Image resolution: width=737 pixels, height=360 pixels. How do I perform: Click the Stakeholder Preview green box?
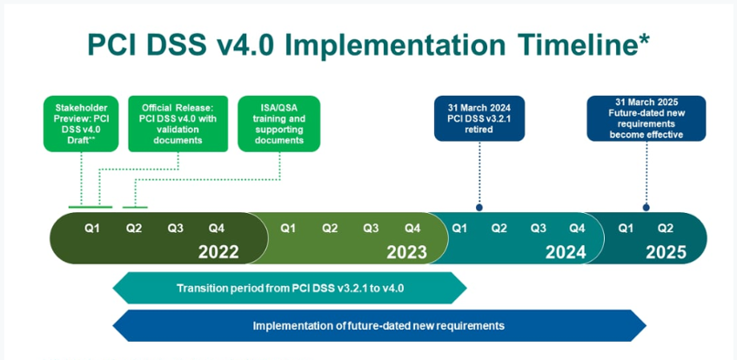[x=81, y=124]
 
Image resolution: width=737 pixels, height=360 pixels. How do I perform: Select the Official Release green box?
[x=178, y=124]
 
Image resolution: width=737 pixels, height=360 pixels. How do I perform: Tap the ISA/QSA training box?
[x=279, y=124]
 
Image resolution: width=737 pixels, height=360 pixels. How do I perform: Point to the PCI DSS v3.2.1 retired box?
[x=479, y=118]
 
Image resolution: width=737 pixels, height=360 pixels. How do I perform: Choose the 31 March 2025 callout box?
[x=647, y=118]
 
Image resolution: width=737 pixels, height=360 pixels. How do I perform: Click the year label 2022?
[x=218, y=252]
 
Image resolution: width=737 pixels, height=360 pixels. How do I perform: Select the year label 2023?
[x=406, y=252]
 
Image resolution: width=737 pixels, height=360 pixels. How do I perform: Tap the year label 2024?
[x=566, y=252]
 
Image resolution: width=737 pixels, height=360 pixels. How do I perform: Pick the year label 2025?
[x=666, y=252]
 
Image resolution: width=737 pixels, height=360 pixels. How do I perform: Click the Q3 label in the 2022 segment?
[x=175, y=229]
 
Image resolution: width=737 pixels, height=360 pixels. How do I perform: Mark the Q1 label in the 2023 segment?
[x=288, y=229]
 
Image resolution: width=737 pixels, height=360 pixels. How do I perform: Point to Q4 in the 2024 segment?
[x=577, y=229]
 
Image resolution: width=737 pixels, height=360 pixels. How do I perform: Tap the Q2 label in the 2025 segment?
[x=665, y=229]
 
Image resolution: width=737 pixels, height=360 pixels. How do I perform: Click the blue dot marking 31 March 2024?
[x=479, y=207]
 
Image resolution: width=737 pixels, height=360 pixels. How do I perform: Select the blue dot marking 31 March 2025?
[x=647, y=207]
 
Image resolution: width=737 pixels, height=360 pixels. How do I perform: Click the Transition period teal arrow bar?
[x=290, y=288]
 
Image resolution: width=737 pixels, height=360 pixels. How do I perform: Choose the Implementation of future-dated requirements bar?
[x=379, y=326]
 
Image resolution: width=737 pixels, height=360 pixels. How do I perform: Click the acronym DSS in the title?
[x=173, y=45]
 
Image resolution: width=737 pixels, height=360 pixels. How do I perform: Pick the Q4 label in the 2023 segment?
[x=412, y=229]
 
